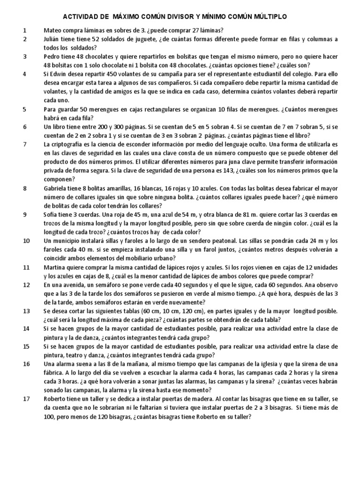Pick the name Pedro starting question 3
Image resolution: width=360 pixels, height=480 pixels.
[x=52, y=57]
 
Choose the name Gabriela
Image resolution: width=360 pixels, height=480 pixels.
[x=57, y=188]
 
